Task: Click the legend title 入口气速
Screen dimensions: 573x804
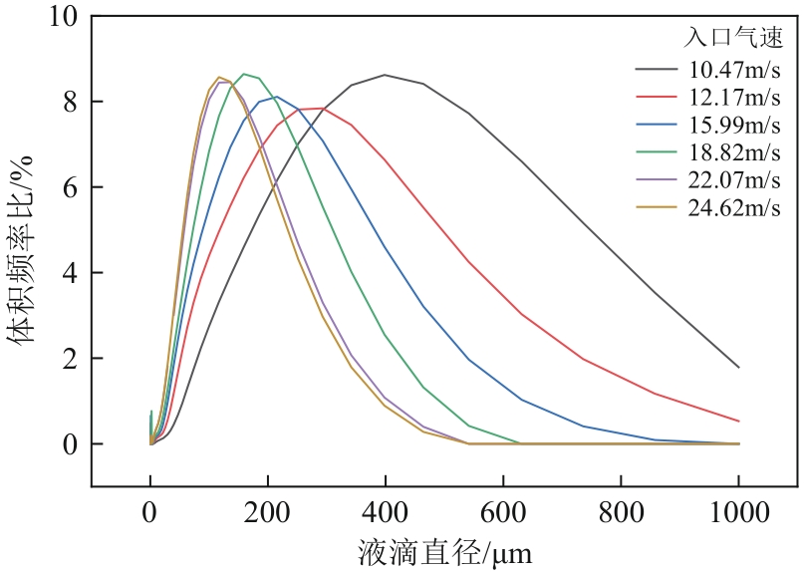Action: pyautogui.click(x=732, y=38)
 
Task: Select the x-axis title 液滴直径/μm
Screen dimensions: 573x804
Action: pyautogui.click(x=444, y=551)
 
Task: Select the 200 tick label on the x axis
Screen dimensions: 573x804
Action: pyautogui.click(x=268, y=513)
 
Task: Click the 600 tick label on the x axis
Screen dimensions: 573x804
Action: pyautogui.click(x=503, y=513)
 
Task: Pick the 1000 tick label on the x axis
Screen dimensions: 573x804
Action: pyautogui.click(x=738, y=513)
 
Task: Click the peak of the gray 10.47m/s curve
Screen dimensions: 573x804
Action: pyautogui.click(x=386, y=75)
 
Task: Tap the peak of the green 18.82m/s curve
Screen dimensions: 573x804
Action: pyautogui.click(x=244, y=74)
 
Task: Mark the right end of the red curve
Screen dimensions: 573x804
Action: pyautogui.click(x=738, y=421)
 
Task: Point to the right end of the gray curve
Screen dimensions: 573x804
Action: pyautogui.click(x=738, y=367)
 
